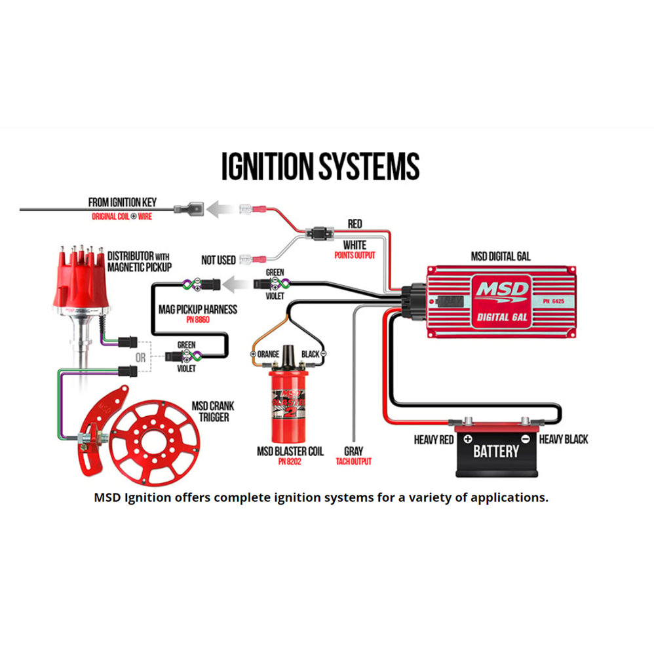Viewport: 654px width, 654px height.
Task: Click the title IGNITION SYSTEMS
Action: point(320,166)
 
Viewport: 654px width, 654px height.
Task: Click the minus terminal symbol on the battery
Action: point(525,438)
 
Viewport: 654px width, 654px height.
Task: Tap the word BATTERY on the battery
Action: point(496,451)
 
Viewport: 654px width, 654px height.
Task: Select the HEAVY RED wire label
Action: point(434,440)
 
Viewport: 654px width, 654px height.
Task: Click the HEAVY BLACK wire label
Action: point(564,440)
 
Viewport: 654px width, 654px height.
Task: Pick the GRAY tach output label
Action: point(353,452)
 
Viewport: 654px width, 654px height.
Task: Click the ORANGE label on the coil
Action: point(269,355)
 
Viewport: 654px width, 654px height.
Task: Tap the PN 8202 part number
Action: point(290,462)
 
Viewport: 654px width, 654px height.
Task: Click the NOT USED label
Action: point(218,260)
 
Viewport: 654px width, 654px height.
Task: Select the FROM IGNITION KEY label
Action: point(123,203)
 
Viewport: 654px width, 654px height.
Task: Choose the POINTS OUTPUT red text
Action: point(355,255)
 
